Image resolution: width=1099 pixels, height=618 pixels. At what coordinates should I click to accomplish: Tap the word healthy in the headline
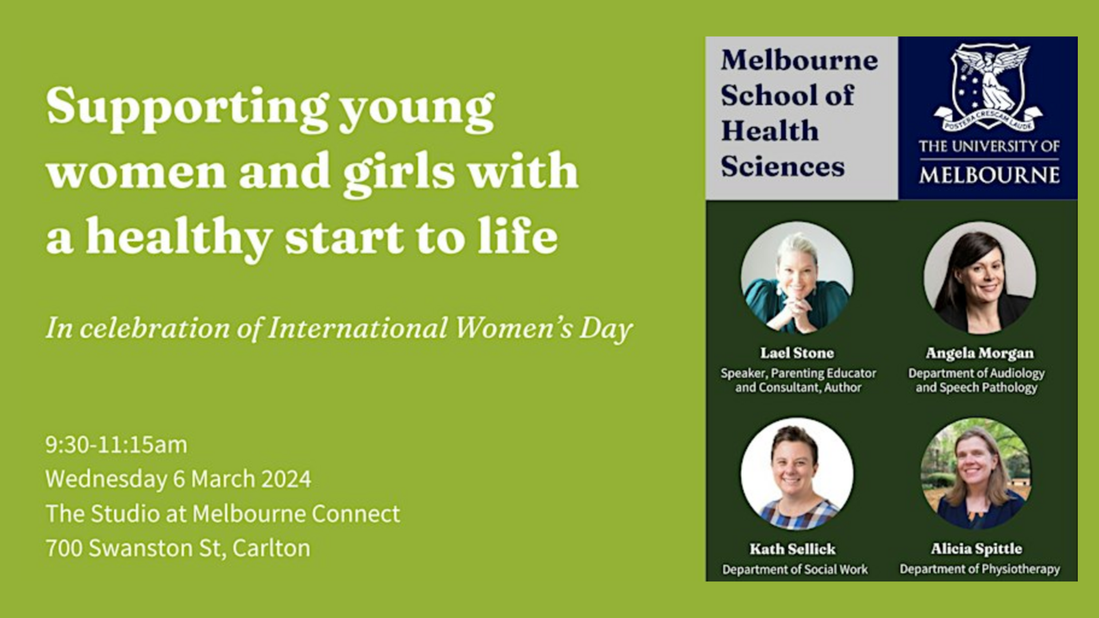pyautogui.click(x=179, y=237)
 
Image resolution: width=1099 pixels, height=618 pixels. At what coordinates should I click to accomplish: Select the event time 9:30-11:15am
pyautogui.click(x=116, y=445)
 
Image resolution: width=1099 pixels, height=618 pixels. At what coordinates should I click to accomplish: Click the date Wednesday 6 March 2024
pyautogui.click(x=178, y=480)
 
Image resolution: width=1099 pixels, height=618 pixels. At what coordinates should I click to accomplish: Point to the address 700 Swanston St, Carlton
pyautogui.click(x=177, y=548)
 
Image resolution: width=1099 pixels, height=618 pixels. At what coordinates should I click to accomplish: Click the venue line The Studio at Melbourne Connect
pyautogui.click(x=223, y=513)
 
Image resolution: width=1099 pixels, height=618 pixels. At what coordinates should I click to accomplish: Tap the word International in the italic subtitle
pyautogui.click(x=357, y=328)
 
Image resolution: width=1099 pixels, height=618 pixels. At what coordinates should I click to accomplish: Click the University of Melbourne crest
pyautogui.click(x=989, y=87)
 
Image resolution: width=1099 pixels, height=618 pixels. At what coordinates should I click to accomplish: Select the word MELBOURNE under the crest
pyautogui.click(x=989, y=175)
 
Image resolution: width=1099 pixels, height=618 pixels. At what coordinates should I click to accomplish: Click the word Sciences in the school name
pyautogui.click(x=782, y=167)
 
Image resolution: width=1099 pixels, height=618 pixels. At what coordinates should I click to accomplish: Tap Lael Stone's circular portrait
pyautogui.click(x=797, y=278)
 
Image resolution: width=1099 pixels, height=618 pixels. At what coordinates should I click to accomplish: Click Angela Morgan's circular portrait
pyautogui.click(x=979, y=278)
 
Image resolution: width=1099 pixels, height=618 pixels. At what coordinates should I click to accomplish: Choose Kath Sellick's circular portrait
pyautogui.click(x=797, y=473)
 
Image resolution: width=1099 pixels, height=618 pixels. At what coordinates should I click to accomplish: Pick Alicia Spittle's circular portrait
pyautogui.click(x=976, y=473)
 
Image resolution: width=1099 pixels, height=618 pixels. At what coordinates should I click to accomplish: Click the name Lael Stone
pyautogui.click(x=797, y=353)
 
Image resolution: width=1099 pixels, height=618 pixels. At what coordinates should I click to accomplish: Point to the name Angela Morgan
pyautogui.click(x=979, y=354)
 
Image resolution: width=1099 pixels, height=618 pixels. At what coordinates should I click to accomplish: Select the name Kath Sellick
pyautogui.click(x=792, y=549)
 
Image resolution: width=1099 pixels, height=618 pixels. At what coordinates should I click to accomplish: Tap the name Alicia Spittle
pyautogui.click(x=976, y=549)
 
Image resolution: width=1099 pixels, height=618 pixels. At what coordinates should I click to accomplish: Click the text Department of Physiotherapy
pyautogui.click(x=979, y=569)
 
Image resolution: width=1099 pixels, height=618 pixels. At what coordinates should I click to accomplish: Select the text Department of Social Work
pyautogui.click(x=794, y=569)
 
